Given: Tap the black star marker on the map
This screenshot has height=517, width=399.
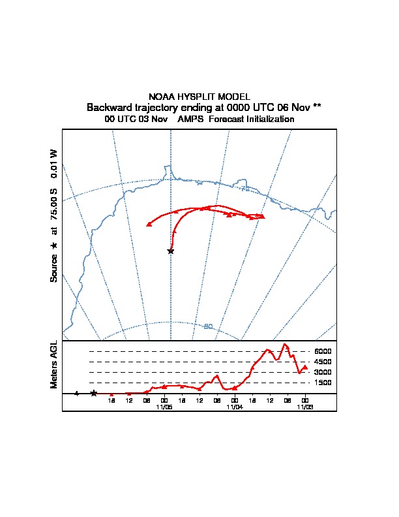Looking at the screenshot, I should click(x=171, y=251).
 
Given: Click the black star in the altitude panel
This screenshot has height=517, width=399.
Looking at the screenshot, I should click(x=94, y=393).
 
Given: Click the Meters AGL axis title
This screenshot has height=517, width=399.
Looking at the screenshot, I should click(x=54, y=364).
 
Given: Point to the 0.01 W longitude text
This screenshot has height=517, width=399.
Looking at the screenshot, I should click(x=54, y=163).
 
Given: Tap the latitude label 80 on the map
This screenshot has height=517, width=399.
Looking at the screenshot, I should click(x=208, y=326).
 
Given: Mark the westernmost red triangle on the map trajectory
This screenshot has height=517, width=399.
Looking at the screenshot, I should click(x=149, y=224).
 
